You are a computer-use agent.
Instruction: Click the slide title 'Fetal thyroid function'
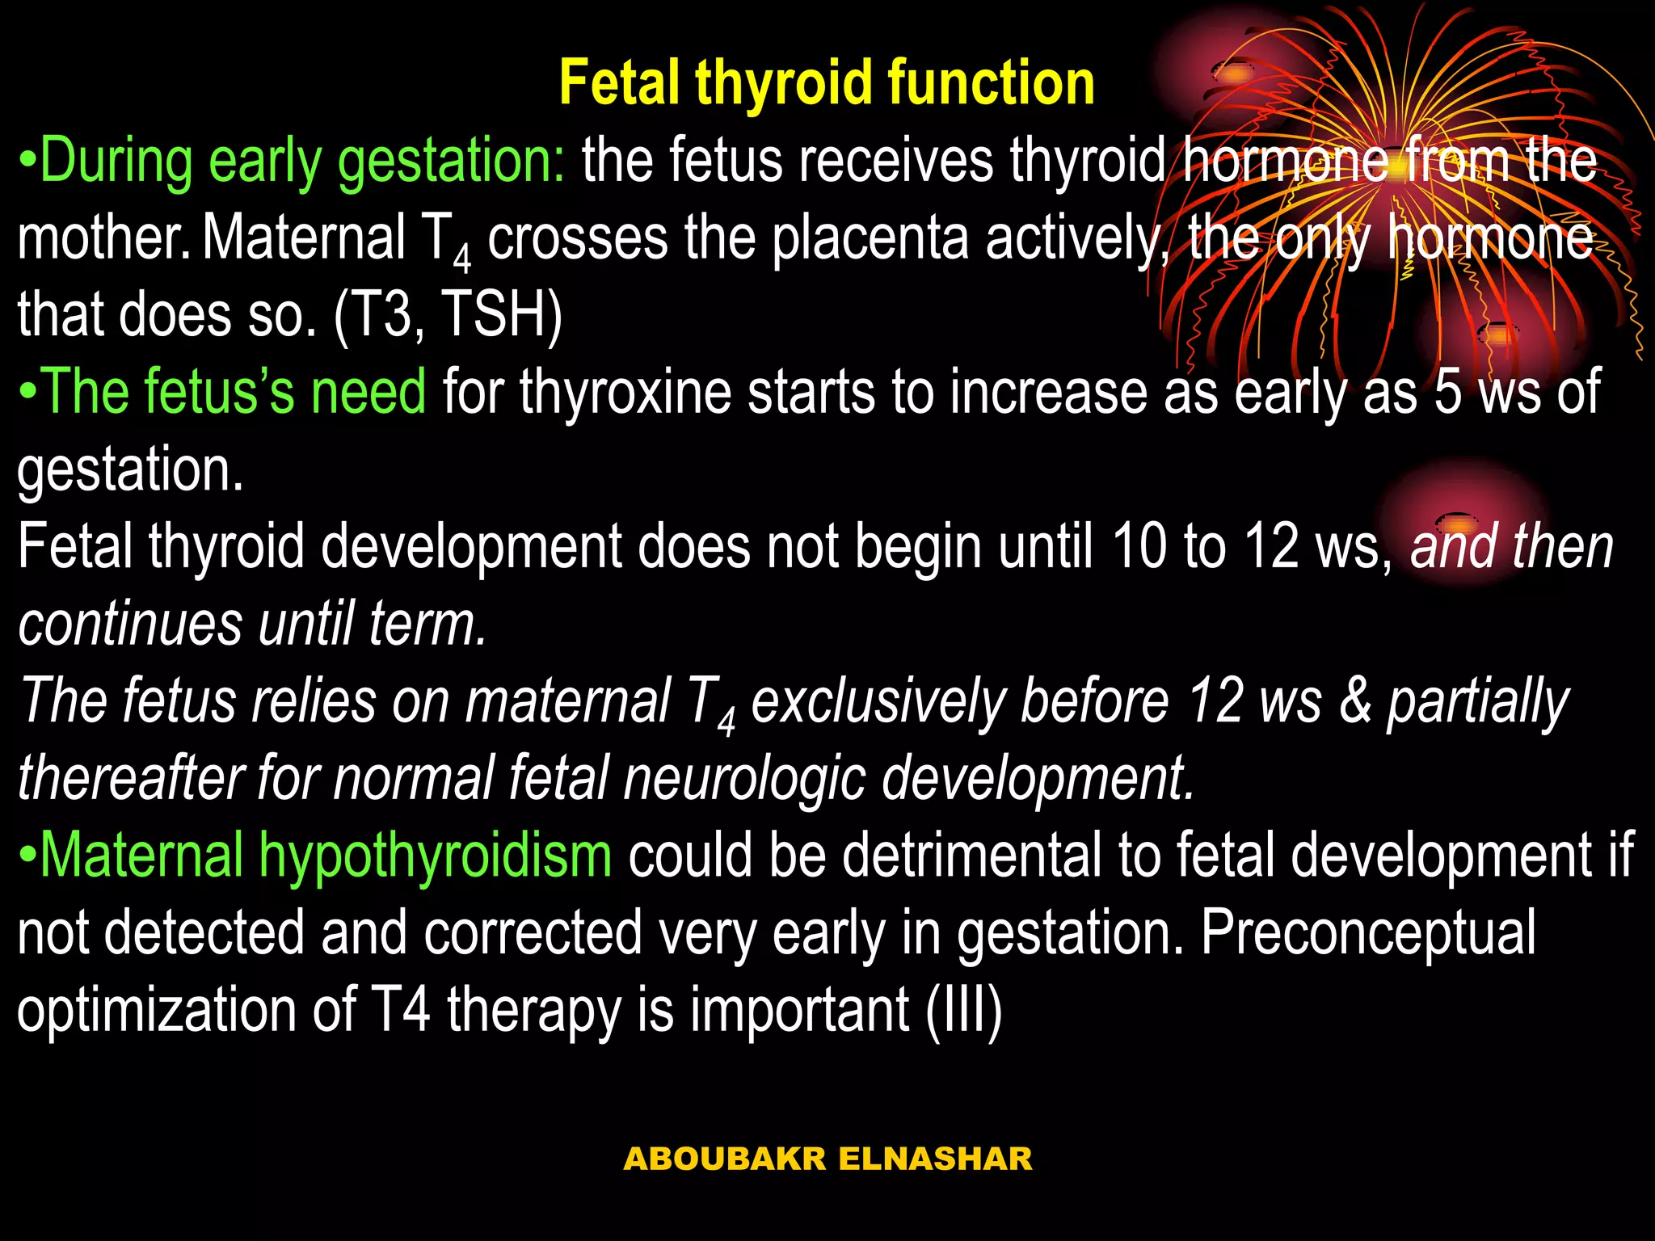(x=826, y=83)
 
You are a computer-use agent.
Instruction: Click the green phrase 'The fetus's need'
(x=233, y=392)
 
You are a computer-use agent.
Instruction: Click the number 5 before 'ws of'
(x=1447, y=392)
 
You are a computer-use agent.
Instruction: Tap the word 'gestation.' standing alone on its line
(x=130, y=469)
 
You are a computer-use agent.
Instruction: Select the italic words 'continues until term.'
(x=252, y=625)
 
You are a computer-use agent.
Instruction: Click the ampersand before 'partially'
(x=1355, y=701)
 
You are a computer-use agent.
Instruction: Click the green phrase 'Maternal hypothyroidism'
(x=325, y=856)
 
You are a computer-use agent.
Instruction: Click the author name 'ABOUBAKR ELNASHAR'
(x=827, y=1159)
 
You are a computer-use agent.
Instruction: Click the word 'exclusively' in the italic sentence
(x=878, y=701)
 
